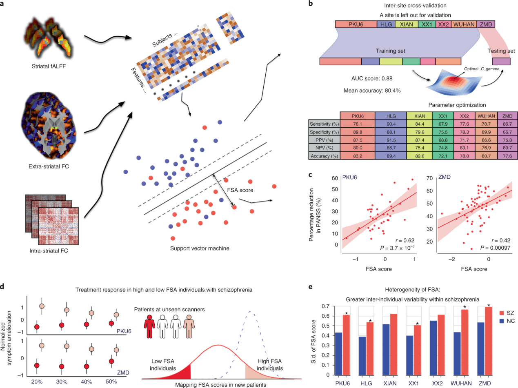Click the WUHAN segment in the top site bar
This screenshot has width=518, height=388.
[464, 24]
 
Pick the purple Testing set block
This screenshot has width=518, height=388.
[501, 61]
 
